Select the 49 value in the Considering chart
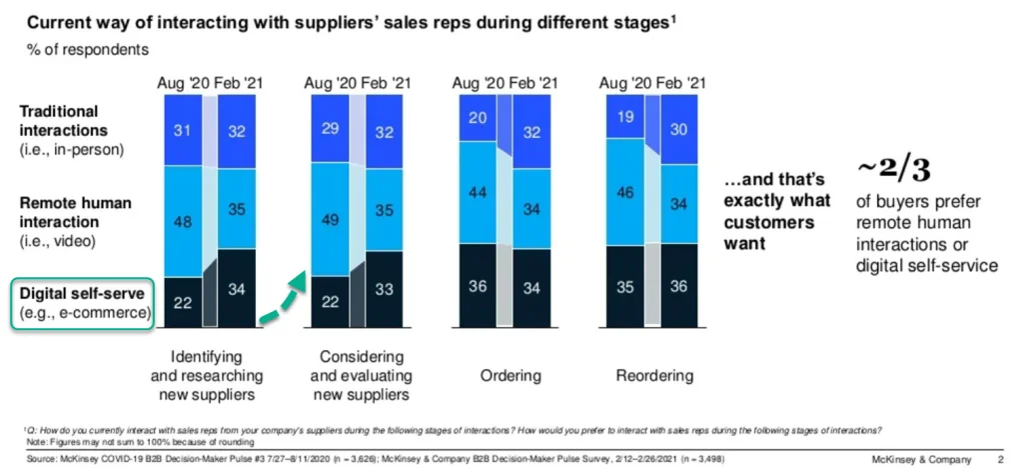click(x=329, y=220)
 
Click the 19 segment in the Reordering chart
click(x=626, y=116)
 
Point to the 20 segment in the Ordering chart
click(x=478, y=117)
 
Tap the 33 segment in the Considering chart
click(x=384, y=288)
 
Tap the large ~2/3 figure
click(x=895, y=171)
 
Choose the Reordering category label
click(x=652, y=376)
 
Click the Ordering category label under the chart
click(x=504, y=376)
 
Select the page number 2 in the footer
click(x=1000, y=459)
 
